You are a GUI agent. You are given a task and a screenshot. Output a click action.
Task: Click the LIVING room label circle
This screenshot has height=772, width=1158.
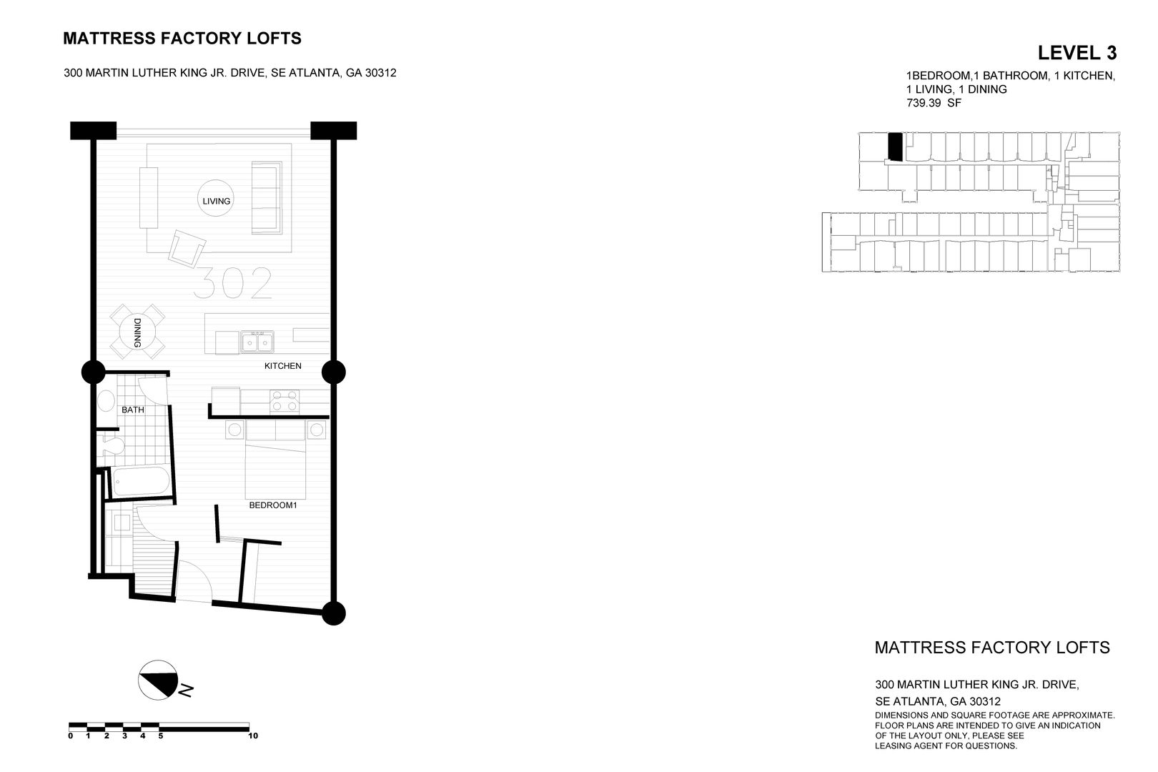(216, 201)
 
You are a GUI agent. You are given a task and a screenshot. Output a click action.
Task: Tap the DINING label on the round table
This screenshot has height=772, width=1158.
(137, 332)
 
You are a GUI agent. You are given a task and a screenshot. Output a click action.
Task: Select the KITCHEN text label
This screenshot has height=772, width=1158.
(283, 366)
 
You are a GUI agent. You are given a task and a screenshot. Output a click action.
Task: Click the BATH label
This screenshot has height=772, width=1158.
(133, 410)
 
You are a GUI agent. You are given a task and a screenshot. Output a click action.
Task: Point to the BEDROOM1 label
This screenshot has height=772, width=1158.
(272, 505)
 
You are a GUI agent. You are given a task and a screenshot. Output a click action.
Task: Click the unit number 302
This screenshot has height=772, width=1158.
(233, 284)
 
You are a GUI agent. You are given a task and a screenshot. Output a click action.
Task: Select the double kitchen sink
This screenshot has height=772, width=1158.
(257, 342)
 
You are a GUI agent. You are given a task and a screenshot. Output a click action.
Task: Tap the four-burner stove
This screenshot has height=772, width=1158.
(284, 401)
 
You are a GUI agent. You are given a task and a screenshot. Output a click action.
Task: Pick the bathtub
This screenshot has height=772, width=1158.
(140, 482)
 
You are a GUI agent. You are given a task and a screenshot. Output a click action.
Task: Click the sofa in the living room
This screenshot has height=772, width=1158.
(267, 197)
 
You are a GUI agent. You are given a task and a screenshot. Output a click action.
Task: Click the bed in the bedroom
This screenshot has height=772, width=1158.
(276, 461)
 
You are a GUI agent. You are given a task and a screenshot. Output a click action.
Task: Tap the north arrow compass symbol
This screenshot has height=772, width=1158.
(158, 679)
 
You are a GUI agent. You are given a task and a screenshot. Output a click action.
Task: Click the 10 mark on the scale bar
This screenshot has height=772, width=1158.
(252, 736)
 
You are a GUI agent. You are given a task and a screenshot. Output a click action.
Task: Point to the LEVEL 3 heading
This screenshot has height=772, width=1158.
(1077, 53)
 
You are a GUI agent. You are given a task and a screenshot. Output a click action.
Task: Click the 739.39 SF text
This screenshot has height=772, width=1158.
(934, 103)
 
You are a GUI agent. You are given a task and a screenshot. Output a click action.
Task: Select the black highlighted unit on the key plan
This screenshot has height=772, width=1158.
(894, 147)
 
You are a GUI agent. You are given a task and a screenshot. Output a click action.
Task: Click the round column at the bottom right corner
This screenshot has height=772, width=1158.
(333, 613)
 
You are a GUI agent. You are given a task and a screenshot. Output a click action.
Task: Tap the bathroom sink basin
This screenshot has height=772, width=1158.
(107, 400)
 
